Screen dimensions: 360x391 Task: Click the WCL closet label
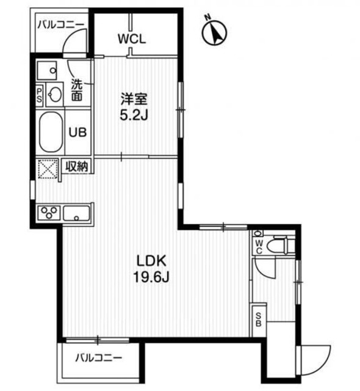(x=132, y=39)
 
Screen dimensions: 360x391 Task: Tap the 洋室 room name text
(x=134, y=99)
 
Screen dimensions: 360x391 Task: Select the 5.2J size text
(x=134, y=115)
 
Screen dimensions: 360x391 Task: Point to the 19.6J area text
(x=151, y=277)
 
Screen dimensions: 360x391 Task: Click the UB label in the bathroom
(x=77, y=132)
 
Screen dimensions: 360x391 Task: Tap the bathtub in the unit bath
(x=51, y=132)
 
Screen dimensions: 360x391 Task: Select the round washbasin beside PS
(x=55, y=95)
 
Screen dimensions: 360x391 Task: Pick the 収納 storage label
(x=77, y=166)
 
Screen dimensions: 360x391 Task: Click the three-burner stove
(x=49, y=213)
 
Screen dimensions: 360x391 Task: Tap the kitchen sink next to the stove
(x=76, y=213)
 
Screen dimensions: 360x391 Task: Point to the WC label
(x=259, y=247)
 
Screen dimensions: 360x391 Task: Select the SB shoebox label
(x=259, y=320)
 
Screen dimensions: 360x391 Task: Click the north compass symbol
(x=214, y=32)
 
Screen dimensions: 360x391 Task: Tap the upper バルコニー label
(x=61, y=25)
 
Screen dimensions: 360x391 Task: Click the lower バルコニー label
(x=99, y=359)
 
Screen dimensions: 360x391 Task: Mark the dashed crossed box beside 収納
(x=48, y=169)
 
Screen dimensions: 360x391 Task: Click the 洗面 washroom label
(x=77, y=90)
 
